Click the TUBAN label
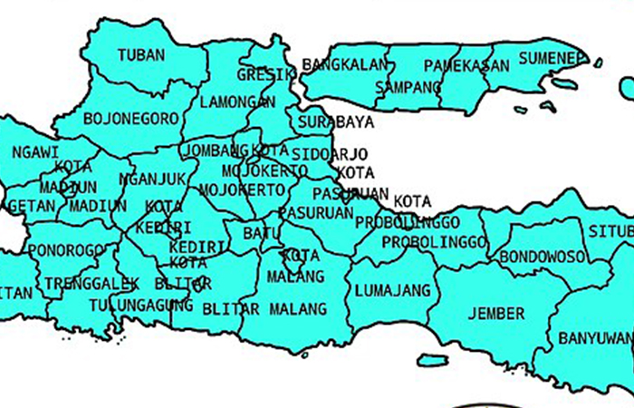tap(141, 55)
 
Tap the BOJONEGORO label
tap(130, 118)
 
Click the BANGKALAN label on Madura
tap(344, 65)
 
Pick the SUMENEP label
tap(551, 59)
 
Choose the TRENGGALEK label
tap(91, 283)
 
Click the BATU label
tap(261, 234)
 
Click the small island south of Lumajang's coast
tap(432, 360)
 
